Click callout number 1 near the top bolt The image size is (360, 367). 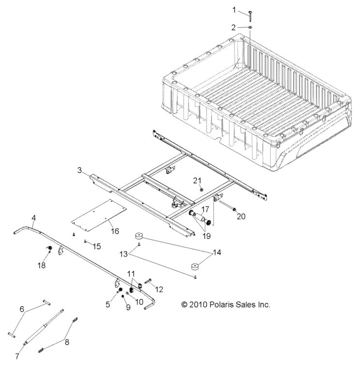[x=234, y=10]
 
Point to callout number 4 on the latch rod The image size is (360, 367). [x=33, y=217]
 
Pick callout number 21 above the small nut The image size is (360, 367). [x=197, y=180]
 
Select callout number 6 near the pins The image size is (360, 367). [x=21, y=308]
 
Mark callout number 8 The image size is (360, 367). [x=67, y=342]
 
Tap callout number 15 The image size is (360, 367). [x=97, y=247]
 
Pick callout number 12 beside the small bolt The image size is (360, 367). [x=158, y=289]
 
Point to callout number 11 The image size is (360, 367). [x=132, y=274]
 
